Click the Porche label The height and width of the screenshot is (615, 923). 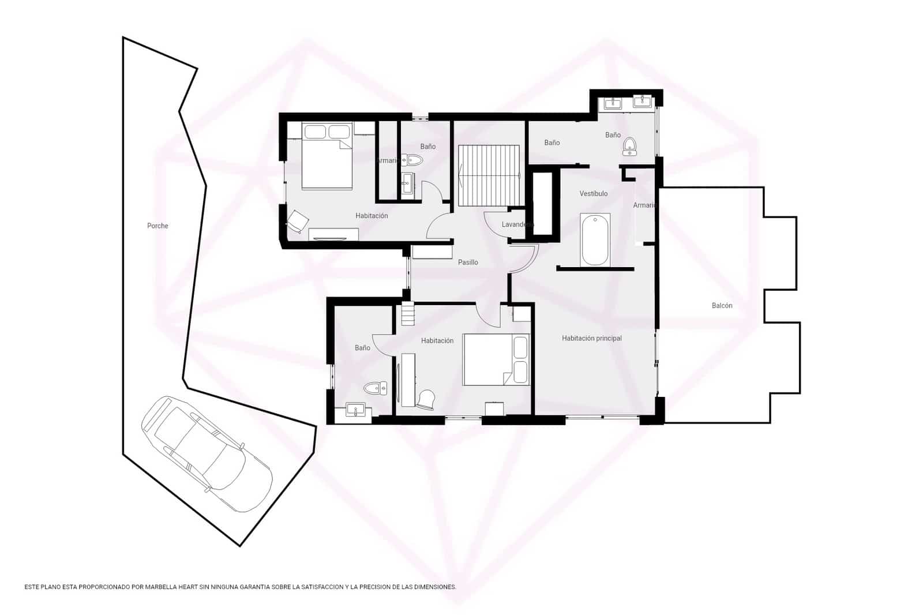pos(157,226)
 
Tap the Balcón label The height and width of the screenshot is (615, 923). pos(722,305)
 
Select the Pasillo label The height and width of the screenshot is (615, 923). pos(468,262)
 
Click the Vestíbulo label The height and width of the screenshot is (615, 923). pos(594,193)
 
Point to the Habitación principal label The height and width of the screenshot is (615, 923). pos(592,338)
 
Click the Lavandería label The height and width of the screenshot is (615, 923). pos(516,224)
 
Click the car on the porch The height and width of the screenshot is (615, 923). pos(206,453)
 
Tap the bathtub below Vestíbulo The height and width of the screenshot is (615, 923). pos(595,239)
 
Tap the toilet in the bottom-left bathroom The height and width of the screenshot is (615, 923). pos(376,387)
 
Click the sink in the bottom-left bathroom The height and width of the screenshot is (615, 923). pos(355,410)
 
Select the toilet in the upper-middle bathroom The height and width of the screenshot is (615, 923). pos(412,160)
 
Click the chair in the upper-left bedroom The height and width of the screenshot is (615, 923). pos(298,221)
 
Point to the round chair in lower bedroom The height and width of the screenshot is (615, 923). pos(427,399)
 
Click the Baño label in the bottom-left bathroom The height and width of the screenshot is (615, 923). pos(362,348)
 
